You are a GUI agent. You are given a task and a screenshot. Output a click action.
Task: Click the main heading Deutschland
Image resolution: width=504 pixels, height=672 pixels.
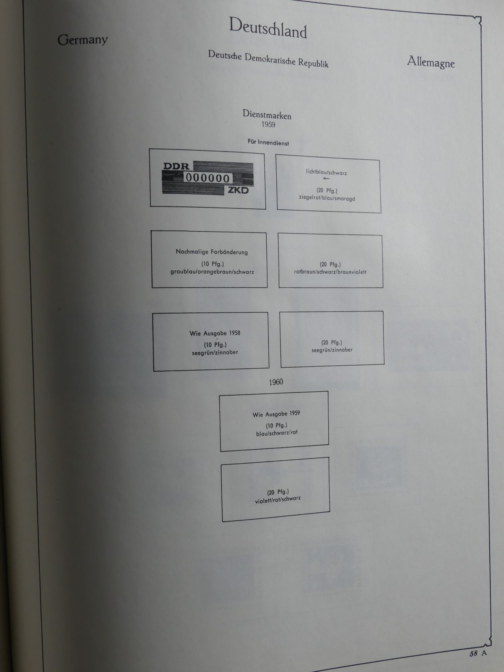[x=268, y=28]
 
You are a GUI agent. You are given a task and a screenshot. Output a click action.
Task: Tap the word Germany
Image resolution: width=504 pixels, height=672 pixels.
[x=83, y=40]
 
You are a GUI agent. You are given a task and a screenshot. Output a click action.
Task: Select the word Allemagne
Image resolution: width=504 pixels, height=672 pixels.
[x=430, y=62]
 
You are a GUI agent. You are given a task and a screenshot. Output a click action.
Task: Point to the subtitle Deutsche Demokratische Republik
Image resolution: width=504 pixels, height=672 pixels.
[x=268, y=59]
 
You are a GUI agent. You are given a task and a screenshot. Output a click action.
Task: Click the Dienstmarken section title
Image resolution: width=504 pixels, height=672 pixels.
[x=267, y=114]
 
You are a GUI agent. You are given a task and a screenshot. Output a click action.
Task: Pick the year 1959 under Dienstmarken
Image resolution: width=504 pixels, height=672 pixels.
[x=268, y=124]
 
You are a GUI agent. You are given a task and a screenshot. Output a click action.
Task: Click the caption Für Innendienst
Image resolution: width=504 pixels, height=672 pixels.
[x=268, y=142]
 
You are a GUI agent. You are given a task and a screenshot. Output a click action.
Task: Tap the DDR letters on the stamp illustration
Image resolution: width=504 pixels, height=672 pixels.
[x=176, y=166]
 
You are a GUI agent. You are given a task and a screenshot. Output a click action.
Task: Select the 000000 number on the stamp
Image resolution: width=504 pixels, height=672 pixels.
[x=208, y=178]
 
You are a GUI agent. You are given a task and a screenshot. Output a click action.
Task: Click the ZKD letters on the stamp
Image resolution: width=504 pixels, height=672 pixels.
[x=238, y=190]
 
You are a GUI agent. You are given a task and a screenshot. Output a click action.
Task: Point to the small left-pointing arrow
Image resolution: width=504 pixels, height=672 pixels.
[x=326, y=178]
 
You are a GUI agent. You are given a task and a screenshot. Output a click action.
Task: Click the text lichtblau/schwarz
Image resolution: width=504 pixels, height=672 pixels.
[x=326, y=172]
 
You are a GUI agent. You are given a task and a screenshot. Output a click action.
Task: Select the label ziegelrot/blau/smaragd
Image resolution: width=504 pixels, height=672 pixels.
[x=327, y=198]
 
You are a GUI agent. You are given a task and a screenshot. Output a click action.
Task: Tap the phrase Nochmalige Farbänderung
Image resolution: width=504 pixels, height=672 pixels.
[x=212, y=252]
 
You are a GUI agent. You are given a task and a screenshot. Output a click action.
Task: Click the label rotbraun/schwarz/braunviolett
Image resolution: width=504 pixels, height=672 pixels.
[x=330, y=272]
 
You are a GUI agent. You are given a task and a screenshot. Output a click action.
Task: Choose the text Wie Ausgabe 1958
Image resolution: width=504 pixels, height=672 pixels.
[x=215, y=333]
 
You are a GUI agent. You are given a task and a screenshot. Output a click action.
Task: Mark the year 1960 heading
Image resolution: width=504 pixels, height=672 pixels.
[x=276, y=382]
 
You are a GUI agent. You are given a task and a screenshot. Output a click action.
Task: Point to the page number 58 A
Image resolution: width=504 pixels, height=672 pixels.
[x=478, y=653]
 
